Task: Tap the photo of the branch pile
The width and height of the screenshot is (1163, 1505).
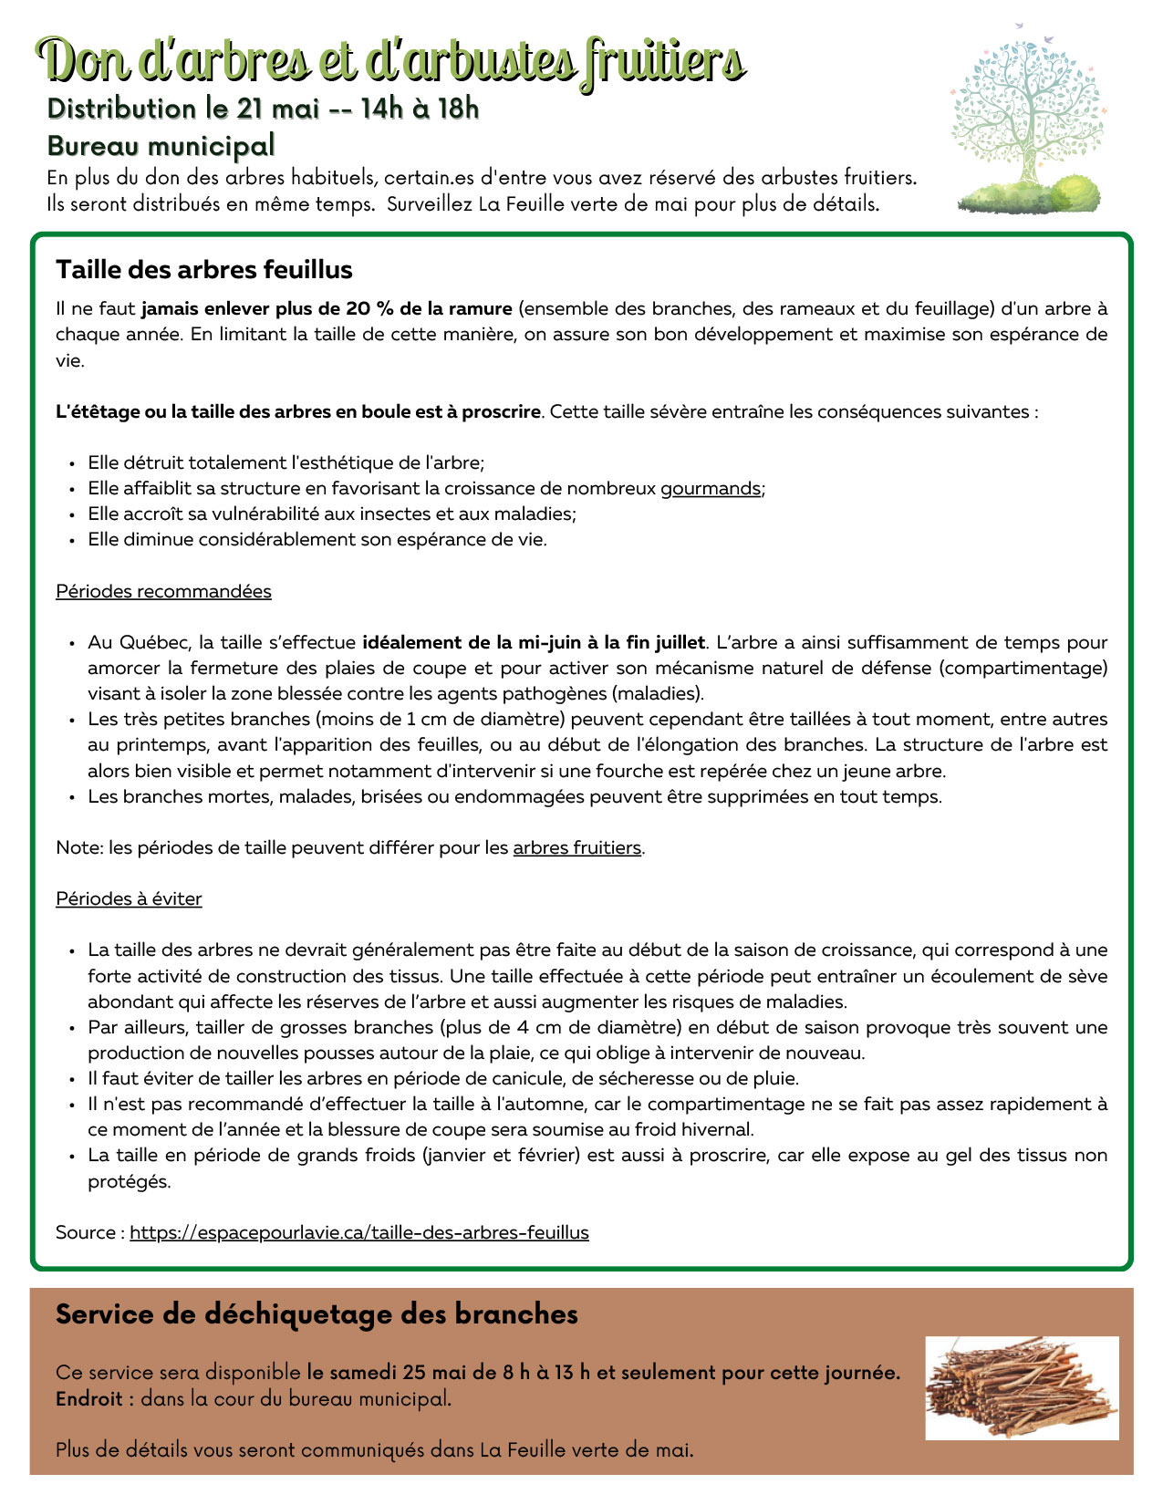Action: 1022,1387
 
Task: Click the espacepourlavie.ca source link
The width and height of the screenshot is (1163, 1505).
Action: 358,1233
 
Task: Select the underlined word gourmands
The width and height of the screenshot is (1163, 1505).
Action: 710,489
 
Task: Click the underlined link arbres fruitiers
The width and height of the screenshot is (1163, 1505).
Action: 576,848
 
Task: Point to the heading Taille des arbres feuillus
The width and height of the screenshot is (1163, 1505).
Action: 203,270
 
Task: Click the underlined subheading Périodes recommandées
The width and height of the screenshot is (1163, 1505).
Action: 163,592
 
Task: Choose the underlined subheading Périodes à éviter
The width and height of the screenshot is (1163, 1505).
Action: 129,899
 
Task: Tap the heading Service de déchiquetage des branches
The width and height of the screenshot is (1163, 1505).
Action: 317,1314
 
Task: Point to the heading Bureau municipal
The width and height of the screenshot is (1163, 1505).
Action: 161,146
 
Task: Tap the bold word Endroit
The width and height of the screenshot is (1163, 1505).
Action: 88,1398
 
